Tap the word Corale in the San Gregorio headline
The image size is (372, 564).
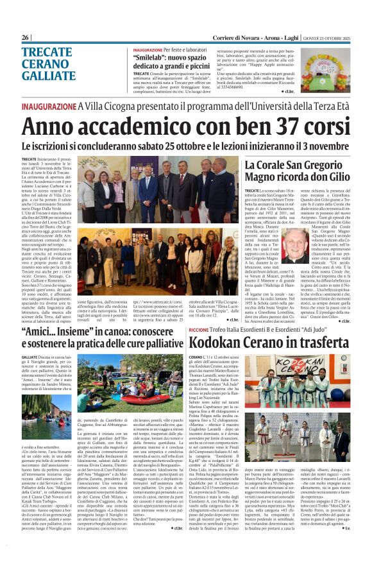click(x=276, y=167)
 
